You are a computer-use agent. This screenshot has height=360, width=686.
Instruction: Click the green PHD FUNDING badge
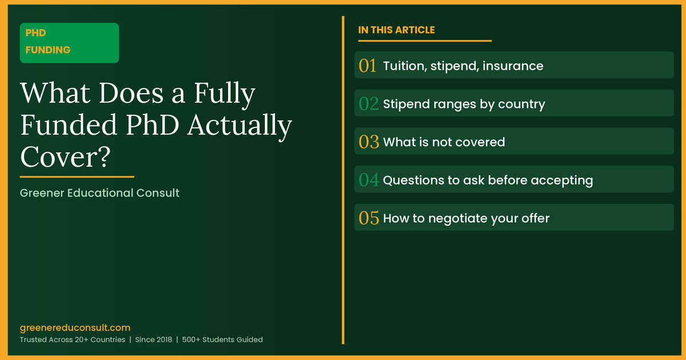point(69,42)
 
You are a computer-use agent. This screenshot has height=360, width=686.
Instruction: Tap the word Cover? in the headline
point(65,157)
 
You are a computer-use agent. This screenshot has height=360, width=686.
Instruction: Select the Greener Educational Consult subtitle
point(99,193)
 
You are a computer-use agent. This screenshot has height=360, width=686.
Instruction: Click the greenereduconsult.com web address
point(75,328)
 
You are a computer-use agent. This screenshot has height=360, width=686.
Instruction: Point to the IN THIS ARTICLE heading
point(396,30)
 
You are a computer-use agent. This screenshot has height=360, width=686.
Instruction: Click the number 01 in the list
point(368,66)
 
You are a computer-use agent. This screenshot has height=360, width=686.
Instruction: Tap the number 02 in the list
point(369,104)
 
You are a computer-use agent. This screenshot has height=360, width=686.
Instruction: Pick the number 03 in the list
point(369,142)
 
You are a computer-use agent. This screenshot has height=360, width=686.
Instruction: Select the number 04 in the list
point(369,181)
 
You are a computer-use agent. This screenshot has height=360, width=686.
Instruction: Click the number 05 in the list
point(369,218)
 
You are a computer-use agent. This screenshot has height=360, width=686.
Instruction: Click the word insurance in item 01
point(513,66)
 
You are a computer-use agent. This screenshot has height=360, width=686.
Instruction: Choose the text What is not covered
point(444,142)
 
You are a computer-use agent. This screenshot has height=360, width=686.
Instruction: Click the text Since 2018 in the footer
point(153,339)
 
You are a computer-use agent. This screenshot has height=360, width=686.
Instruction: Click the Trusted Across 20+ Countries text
point(73,339)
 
